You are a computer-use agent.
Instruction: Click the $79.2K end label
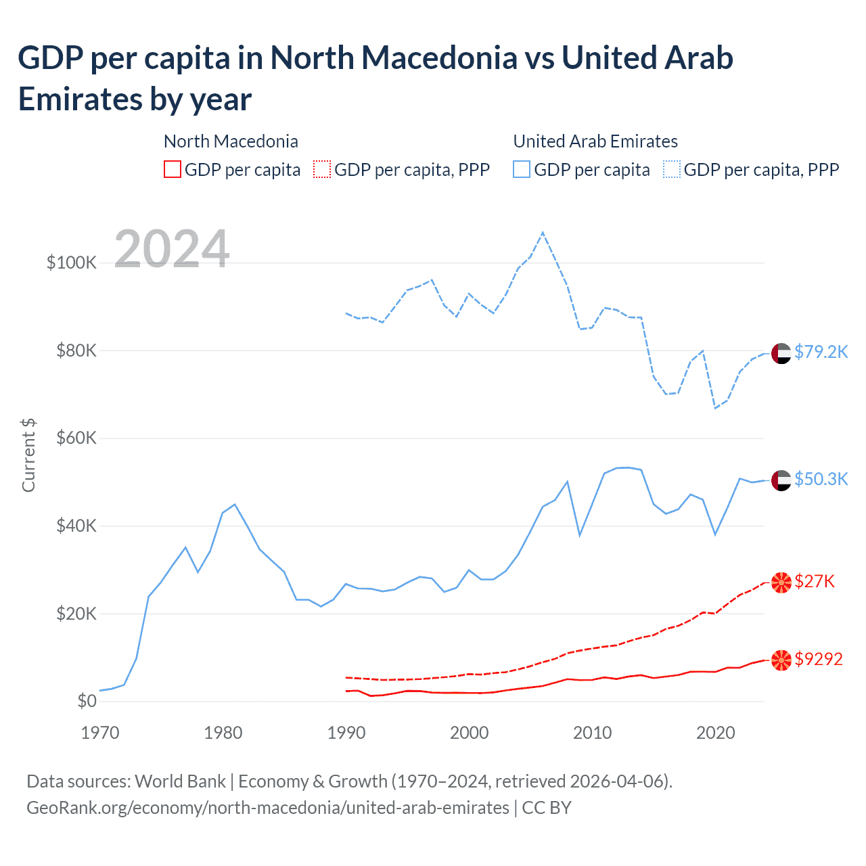[821, 352]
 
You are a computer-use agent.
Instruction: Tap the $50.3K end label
[821, 479]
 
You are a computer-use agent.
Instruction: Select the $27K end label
[815, 581]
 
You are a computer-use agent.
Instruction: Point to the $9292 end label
[819, 659]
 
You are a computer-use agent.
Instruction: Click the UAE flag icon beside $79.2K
[781, 353]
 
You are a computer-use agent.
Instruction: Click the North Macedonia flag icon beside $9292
[781, 660]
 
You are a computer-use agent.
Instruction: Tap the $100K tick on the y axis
[72, 263]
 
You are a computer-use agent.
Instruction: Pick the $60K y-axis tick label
[76, 438]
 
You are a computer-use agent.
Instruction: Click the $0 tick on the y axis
[87, 701]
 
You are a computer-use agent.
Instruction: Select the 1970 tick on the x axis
[100, 733]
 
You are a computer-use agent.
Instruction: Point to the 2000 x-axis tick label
[470, 733]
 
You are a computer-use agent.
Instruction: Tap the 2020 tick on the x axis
[716, 733]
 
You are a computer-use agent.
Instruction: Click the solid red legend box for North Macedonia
[173, 169]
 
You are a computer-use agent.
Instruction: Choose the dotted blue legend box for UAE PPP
[672, 169]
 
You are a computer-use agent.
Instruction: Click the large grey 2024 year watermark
[172, 249]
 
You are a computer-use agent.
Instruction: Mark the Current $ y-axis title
[28, 455]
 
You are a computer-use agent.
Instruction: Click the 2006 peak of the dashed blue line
[543, 233]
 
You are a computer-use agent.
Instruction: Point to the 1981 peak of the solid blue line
[235, 504]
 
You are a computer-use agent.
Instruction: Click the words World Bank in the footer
[180, 781]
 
